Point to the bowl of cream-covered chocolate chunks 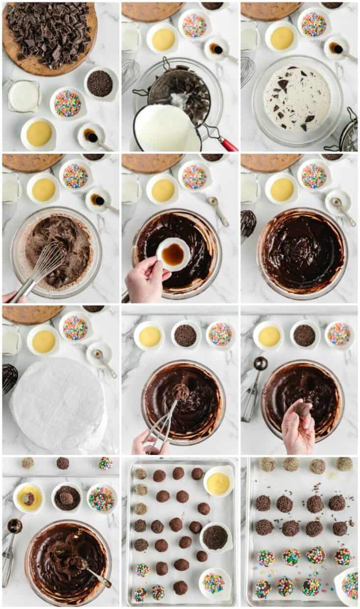pos(297,99)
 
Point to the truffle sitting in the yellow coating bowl pos(28,498)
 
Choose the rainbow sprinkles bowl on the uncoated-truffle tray pos(214,583)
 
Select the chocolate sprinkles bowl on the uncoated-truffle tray pos(215,537)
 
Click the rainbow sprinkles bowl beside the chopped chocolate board pos(68,103)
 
